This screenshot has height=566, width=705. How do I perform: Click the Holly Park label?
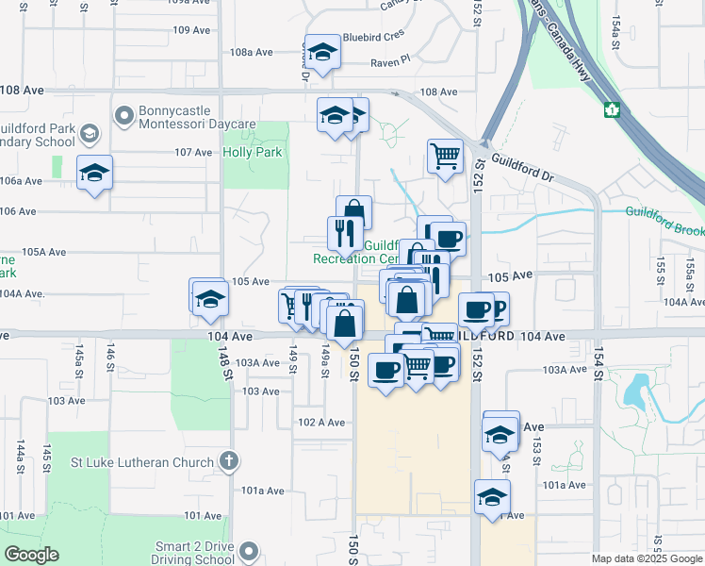tap(252, 152)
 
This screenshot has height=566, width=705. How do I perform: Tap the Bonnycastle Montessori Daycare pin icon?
tap(123, 116)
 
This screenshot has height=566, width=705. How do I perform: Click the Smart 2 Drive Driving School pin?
tap(249, 550)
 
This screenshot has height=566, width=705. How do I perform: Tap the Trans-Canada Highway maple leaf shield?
tap(610, 109)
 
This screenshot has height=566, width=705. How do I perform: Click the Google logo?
tap(31, 555)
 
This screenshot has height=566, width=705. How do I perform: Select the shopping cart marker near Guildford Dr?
tap(445, 155)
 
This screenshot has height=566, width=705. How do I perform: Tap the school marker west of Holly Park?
tap(94, 173)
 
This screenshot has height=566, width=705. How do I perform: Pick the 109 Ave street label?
tap(191, 30)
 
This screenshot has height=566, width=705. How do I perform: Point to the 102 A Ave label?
tap(320, 423)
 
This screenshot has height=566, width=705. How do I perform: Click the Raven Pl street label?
tap(391, 61)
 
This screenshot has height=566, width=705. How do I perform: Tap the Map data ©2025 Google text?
tap(647, 558)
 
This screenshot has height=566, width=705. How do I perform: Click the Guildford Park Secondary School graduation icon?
tap(89, 134)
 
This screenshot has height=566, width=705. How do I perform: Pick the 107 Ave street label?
tap(193, 152)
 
